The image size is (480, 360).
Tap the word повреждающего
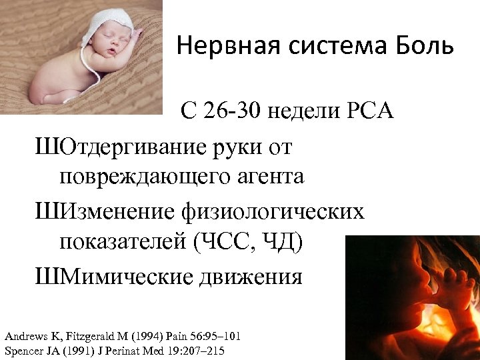147,177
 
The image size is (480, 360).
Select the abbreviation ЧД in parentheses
285,242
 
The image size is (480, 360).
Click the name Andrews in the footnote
25,336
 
